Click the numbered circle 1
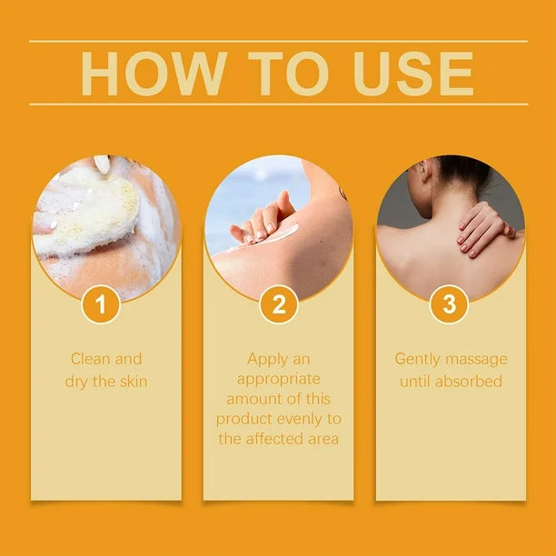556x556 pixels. tap(101, 304)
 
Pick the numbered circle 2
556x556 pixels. tap(278, 304)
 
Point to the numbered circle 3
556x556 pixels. tap(449, 304)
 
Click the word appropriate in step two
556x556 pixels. tap(278, 379)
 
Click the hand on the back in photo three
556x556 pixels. tap(482, 227)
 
